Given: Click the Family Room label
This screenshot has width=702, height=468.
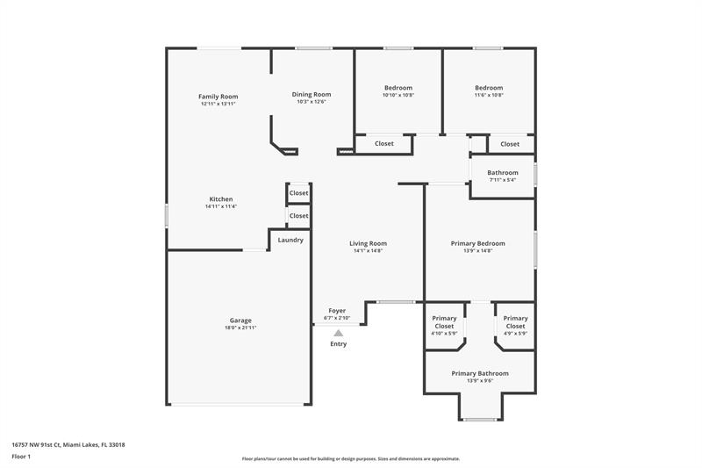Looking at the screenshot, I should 218,97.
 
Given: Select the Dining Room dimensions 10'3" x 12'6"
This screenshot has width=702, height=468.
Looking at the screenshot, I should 311,102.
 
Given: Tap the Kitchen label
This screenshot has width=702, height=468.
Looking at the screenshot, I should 221,199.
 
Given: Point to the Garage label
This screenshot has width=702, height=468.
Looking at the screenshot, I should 240,320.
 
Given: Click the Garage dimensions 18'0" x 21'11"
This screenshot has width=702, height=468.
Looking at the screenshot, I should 240,328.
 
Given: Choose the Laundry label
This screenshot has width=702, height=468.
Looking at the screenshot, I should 290,240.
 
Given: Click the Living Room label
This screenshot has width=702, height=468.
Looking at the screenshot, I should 368,243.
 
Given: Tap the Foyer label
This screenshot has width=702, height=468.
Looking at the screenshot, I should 337,311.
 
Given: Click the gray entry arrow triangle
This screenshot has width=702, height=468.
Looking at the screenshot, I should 338,333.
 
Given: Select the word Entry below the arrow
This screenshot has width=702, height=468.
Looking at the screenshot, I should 338,343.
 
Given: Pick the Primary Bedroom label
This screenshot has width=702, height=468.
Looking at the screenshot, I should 477,243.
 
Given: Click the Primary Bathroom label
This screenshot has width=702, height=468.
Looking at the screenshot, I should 479,373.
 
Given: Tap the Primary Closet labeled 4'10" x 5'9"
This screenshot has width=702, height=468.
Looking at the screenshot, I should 444,322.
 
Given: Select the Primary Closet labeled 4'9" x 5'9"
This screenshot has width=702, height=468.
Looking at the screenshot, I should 515,322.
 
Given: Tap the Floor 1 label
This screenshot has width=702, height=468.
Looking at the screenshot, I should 21,457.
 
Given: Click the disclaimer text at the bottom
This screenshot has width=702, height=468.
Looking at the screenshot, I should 350,458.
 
